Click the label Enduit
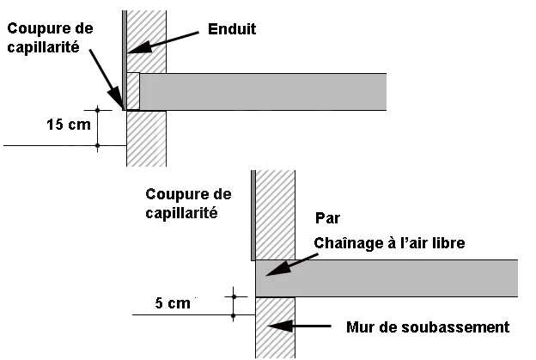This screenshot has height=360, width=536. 232,29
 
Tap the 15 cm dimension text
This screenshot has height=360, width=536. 69,125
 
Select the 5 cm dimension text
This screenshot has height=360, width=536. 173,303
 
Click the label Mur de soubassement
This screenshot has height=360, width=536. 428,327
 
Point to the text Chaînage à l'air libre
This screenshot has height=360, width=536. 389,243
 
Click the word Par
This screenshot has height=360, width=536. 327,218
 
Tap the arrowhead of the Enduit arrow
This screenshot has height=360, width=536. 139,47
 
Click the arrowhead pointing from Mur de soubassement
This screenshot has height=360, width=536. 280,326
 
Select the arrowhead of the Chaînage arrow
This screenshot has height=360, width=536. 277,269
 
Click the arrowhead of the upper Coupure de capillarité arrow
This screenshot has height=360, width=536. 116,98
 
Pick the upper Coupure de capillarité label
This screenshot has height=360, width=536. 50,38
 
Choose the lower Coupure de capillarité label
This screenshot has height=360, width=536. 188,204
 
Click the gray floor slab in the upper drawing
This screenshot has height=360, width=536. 263,92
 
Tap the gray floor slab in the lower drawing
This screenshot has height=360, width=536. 387,278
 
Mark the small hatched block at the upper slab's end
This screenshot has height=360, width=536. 133,91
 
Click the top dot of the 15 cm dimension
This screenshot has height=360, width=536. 98,110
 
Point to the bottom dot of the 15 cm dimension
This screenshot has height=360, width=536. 98,146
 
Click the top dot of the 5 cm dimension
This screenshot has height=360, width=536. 234,296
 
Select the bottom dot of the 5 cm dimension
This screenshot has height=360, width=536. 234,314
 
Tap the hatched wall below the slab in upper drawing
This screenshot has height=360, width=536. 146,138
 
